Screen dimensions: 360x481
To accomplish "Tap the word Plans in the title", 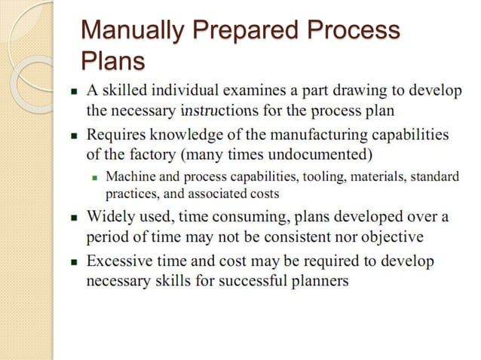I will [112, 59].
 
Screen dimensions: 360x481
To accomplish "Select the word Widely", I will [111, 218].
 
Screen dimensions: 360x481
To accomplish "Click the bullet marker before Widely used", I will [75, 218].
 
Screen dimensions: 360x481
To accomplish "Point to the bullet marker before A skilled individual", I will [75, 92].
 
